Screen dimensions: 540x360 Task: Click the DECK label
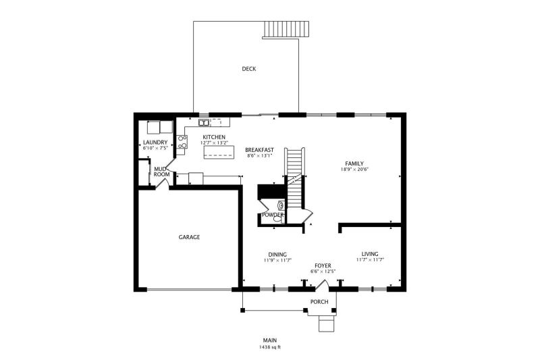(248, 69)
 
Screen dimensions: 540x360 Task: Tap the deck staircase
(286, 30)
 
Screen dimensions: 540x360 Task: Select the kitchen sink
(204, 122)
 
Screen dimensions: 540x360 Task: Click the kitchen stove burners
(182, 142)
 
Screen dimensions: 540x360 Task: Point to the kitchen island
(219, 152)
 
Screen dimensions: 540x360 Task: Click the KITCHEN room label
(214, 137)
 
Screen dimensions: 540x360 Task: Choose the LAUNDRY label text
(155, 143)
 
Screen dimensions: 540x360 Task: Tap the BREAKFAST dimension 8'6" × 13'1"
(260, 156)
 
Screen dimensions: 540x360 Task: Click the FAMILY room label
(354, 163)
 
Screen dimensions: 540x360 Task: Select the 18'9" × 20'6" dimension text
(354, 170)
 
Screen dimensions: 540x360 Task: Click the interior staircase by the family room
(294, 178)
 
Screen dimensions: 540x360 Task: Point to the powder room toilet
(278, 218)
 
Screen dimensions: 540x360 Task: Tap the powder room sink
(281, 205)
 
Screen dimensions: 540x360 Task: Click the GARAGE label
(189, 237)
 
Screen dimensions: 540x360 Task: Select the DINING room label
(277, 255)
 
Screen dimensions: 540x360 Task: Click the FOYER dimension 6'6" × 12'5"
(323, 272)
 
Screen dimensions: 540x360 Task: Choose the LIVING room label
(370, 254)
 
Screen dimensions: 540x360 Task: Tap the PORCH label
(319, 302)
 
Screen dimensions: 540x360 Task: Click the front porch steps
(327, 324)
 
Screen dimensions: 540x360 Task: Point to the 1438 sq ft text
(270, 347)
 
